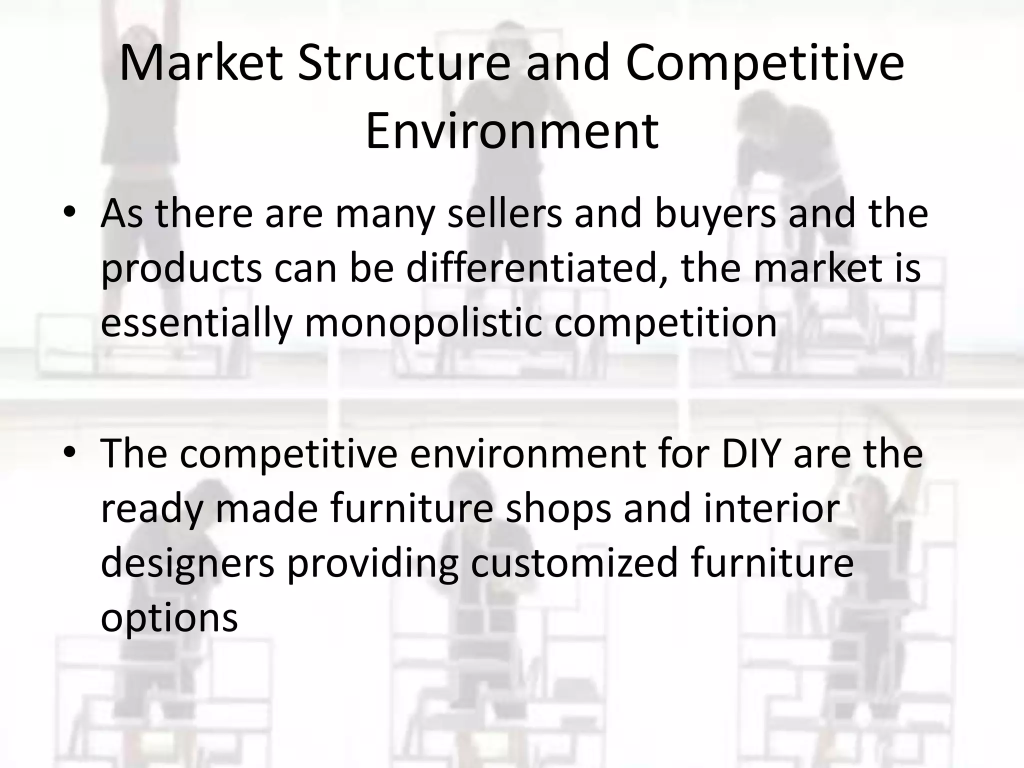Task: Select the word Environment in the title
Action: point(512,131)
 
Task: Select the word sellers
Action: point(504,213)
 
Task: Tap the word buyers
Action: point(715,213)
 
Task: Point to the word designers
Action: point(187,563)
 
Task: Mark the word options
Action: point(169,618)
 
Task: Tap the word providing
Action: point(372,563)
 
